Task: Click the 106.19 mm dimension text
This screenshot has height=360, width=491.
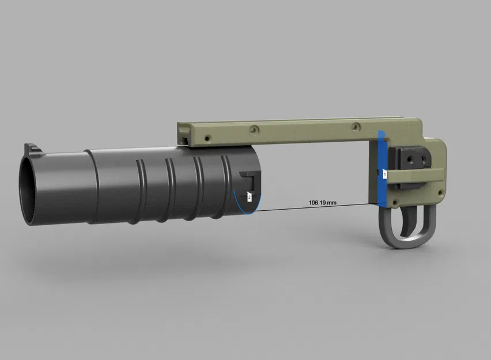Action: [323, 203]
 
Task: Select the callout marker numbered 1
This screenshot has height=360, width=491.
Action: [384, 173]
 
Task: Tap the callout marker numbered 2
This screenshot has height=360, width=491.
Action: [249, 197]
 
